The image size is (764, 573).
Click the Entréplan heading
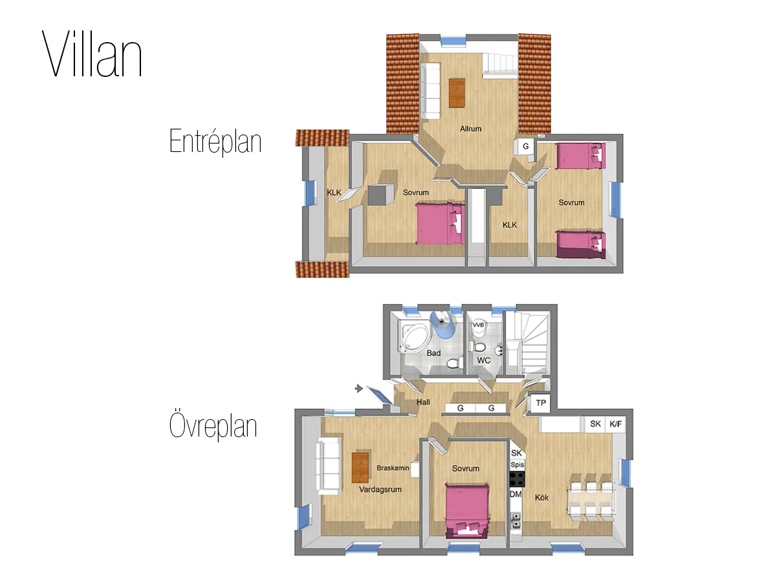tap(215, 140)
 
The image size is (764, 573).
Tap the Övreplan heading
tap(213, 426)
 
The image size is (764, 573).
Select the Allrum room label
tap(470, 129)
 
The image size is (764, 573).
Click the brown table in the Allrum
tap(457, 92)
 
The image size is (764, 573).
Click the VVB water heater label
tap(479, 325)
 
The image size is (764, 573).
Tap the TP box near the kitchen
tap(541, 403)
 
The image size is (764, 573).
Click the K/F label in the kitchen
tap(616, 424)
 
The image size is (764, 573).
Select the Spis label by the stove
tap(517, 465)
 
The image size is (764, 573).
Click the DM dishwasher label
tap(516, 494)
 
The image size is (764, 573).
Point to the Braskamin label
tap(393, 468)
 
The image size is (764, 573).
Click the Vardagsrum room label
tap(380, 490)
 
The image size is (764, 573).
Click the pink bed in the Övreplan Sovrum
tap(467, 510)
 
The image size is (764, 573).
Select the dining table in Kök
tap(589, 499)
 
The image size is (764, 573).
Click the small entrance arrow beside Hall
tap(359, 388)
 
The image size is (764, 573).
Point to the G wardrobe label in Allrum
tap(526, 147)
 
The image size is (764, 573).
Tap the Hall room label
tap(423, 402)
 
